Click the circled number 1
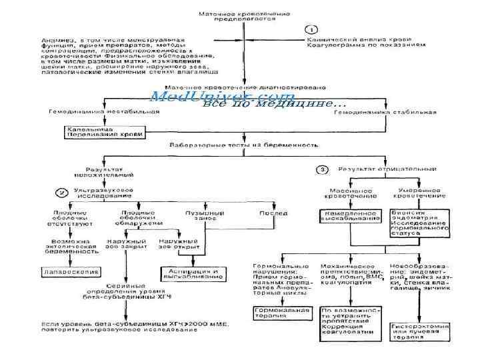click(x=311, y=29)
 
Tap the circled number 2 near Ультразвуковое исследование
click(x=61, y=192)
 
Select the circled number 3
click(x=323, y=169)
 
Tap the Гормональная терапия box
click(x=282, y=313)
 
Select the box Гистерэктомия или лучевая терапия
click(x=417, y=332)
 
